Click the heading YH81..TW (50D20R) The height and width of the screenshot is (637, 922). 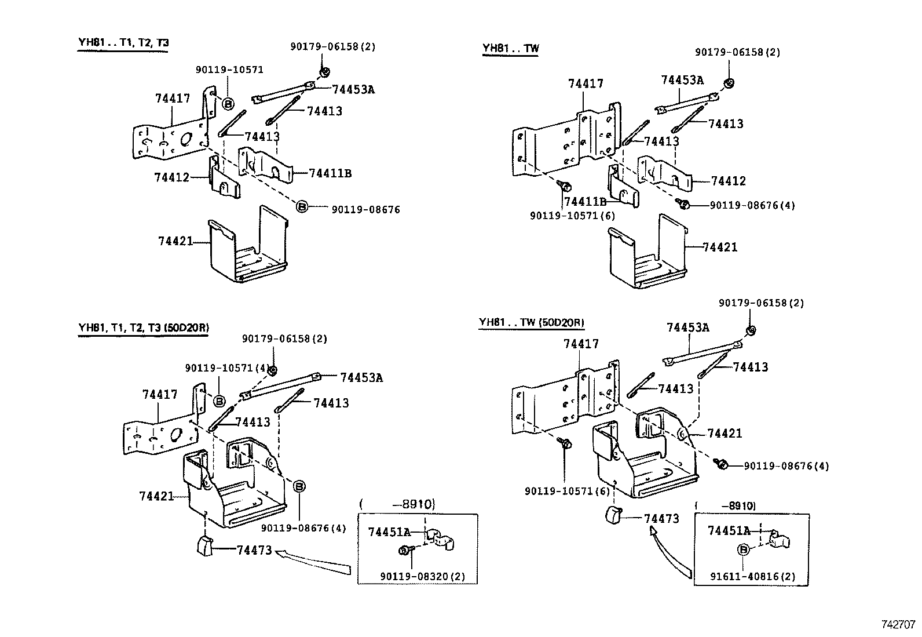coord(531,323)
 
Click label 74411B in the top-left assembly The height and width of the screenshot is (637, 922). coord(330,173)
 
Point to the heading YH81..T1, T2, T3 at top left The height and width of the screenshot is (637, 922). coord(123,43)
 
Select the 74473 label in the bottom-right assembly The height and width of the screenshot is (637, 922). coord(661,519)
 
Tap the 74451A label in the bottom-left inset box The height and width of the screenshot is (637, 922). coord(389,532)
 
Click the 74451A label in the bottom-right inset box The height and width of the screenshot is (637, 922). coord(728,530)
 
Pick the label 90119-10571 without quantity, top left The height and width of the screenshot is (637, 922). coord(229,70)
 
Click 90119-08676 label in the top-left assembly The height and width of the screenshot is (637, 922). coord(365,209)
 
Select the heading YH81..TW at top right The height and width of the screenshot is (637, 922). coord(510,48)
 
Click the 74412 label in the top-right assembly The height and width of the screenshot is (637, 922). coord(728,181)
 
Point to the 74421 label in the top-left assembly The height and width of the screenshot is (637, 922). coord(175,241)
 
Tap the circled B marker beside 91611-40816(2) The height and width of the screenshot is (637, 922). coord(744,549)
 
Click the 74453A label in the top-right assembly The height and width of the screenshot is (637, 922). coord(682,80)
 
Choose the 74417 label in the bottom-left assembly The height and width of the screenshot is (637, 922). coord(160,395)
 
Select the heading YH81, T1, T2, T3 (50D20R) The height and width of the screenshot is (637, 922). coord(143,327)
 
